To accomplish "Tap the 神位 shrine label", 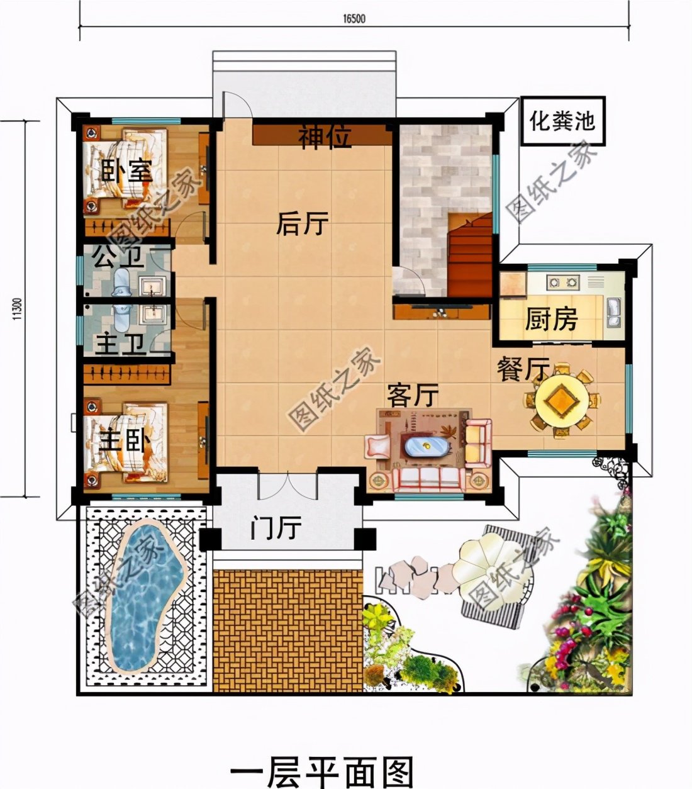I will pyautogui.click(x=325, y=137).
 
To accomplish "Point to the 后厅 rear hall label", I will pyautogui.click(x=303, y=223).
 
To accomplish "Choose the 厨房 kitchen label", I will pyautogui.click(x=551, y=320).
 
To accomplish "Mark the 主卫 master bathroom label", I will pyautogui.click(x=121, y=345).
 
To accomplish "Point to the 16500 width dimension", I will pyautogui.click(x=354, y=19).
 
